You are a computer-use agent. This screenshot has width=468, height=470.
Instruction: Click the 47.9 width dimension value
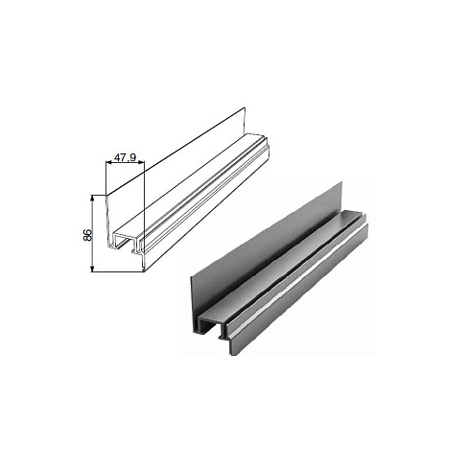tap(126, 157)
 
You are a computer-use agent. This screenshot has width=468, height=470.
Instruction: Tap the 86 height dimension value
tap(87, 235)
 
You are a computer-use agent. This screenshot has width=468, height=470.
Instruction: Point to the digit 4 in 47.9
tap(117, 157)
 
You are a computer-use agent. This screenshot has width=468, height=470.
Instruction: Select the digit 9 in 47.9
tap(133, 157)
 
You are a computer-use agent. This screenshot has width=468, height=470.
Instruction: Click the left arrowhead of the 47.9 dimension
tap(108, 163)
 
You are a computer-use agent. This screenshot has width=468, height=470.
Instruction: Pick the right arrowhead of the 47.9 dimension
tap(142, 163)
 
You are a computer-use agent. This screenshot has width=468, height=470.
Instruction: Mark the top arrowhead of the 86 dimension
tap(92, 198)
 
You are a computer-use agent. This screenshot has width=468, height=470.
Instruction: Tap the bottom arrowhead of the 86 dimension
tap(92, 269)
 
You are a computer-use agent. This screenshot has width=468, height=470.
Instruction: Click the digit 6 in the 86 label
tap(87, 232)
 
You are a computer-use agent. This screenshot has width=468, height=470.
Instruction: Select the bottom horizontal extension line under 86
tap(117, 272)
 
